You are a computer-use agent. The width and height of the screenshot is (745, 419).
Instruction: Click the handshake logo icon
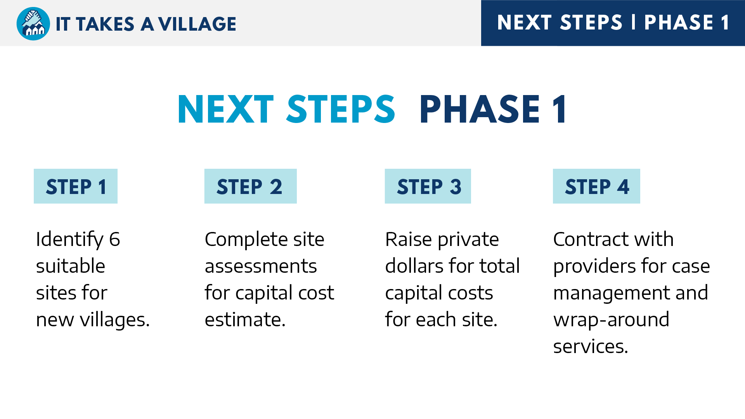point(33,24)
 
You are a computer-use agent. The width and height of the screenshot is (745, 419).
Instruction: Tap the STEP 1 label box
point(76,186)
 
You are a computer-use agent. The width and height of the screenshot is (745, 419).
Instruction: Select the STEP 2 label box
point(251,186)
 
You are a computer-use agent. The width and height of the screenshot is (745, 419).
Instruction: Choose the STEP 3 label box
point(428,186)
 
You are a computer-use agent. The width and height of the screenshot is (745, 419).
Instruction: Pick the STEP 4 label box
point(596,186)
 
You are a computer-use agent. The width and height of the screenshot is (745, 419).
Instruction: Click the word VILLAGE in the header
point(197,24)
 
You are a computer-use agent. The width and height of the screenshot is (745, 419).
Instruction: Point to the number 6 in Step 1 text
point(115,239)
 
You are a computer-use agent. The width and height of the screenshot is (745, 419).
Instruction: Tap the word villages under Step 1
point(115,320)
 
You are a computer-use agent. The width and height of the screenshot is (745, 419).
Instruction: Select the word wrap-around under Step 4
point(611,320)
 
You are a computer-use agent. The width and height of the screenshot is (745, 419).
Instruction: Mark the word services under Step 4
point(591,347)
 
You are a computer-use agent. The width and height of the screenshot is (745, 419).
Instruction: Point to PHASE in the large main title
point(480,109)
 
